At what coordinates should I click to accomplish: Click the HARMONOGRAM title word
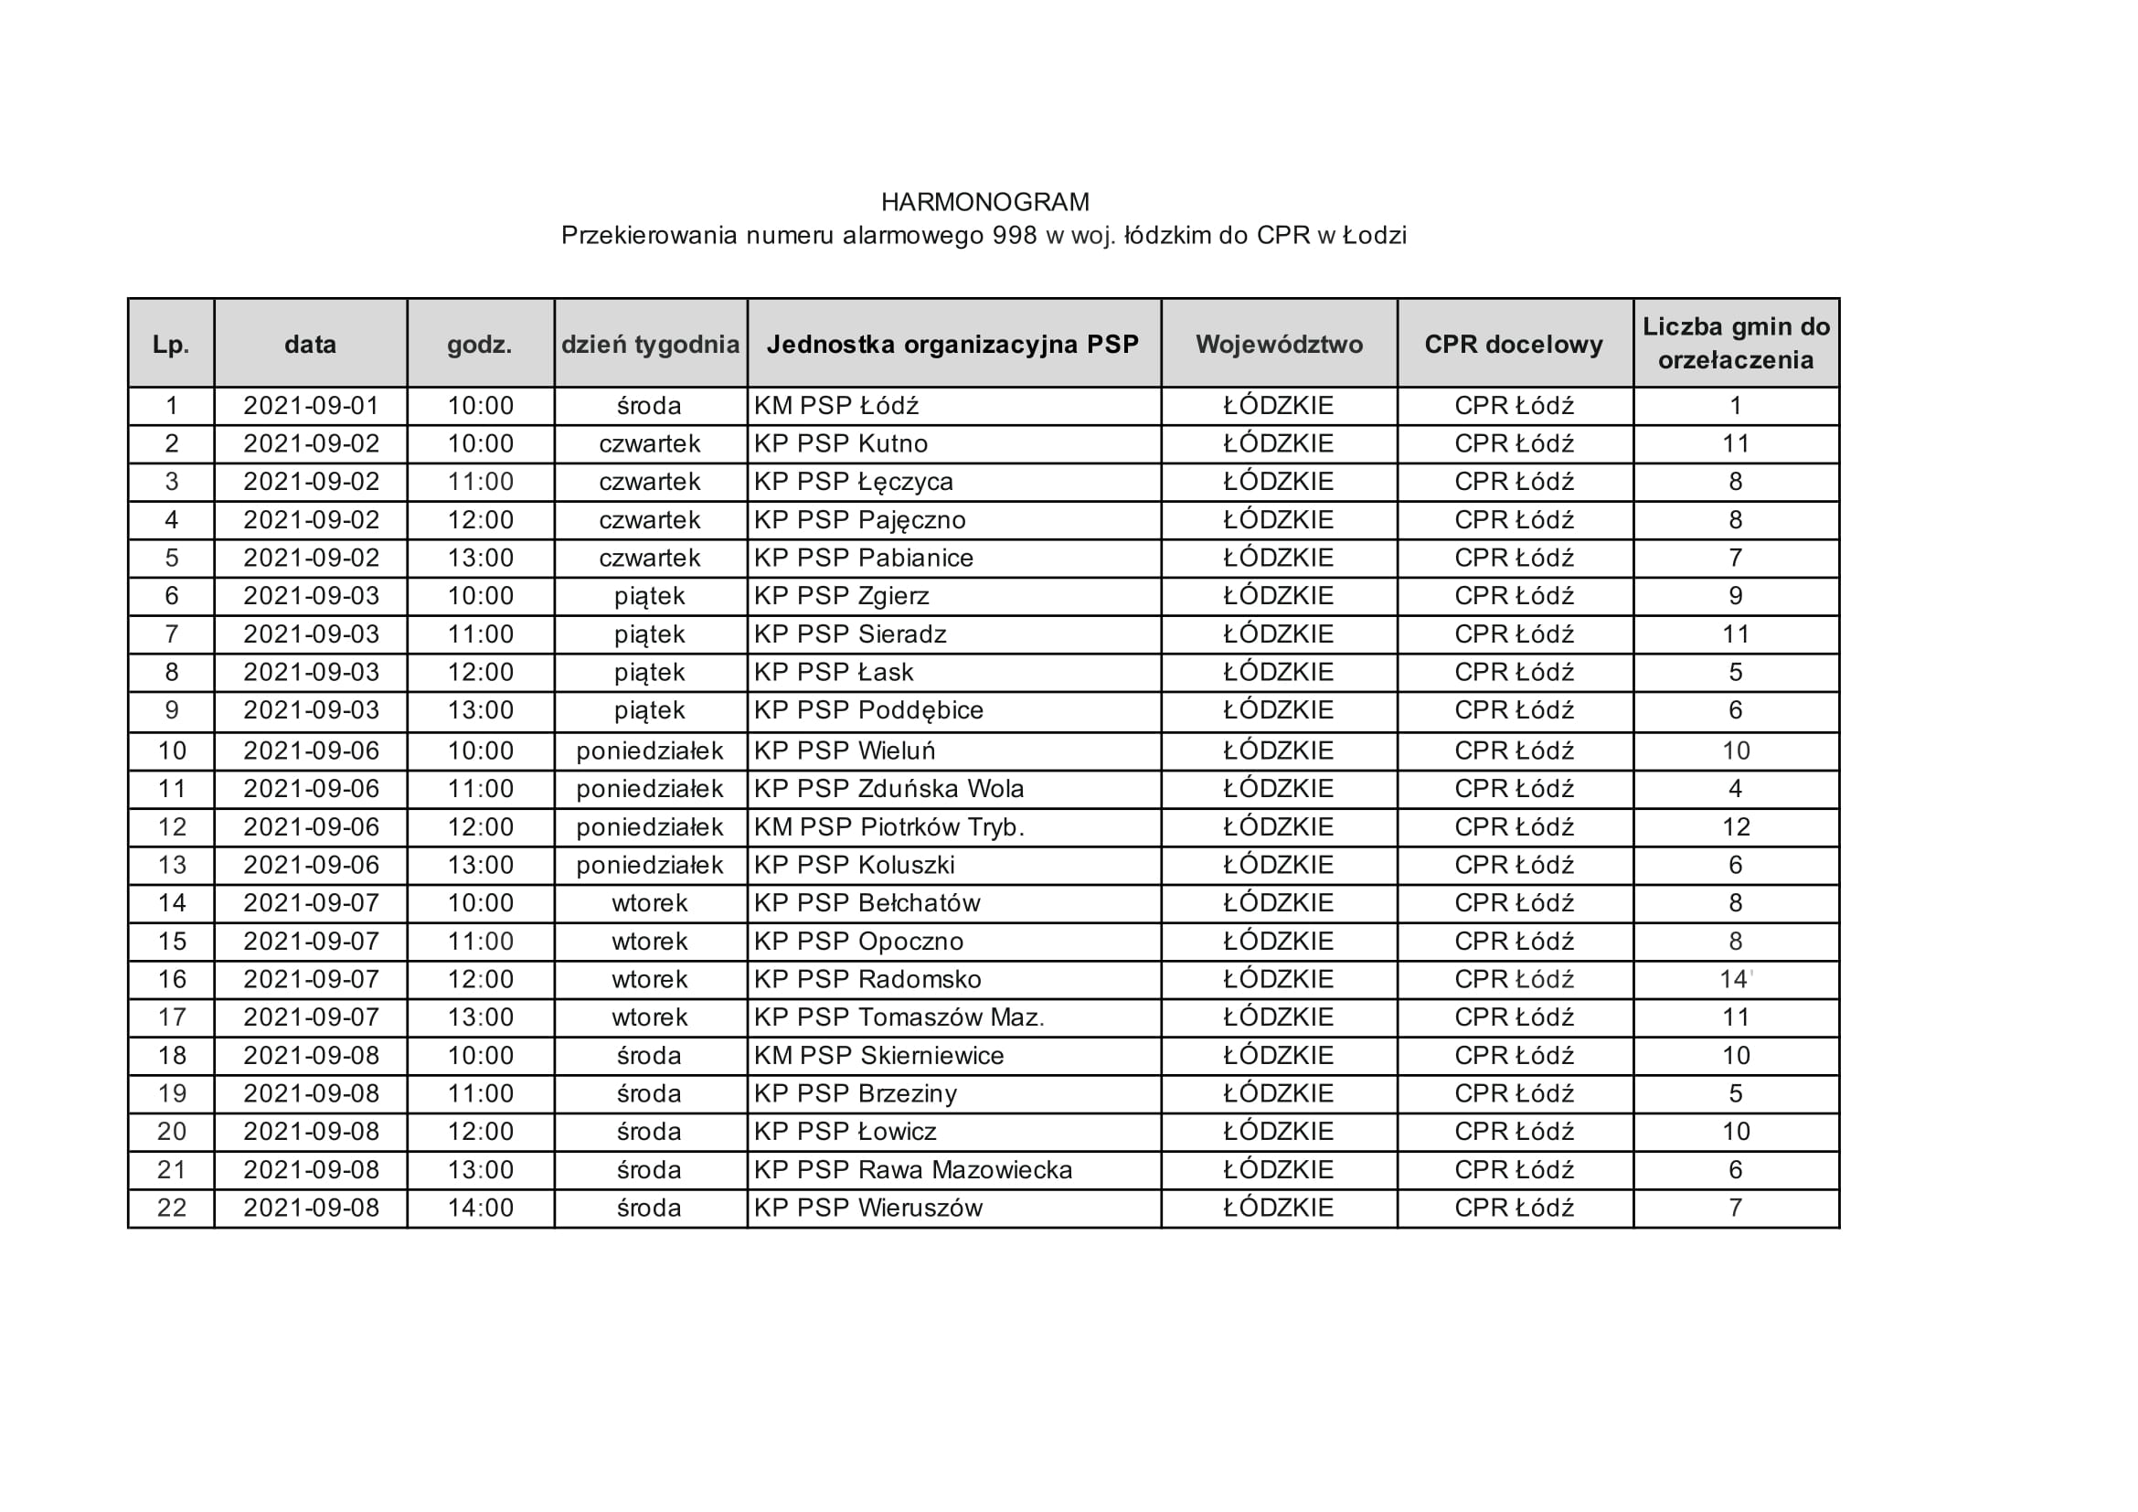pos(984,202)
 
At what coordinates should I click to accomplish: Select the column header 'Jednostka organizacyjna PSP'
pos(952,345)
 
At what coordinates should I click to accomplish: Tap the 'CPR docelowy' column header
pos(1513,345)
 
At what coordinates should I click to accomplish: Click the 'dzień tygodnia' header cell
pos(650,345)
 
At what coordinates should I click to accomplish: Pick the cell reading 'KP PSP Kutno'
pos(841,444)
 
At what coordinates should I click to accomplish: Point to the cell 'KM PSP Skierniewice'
pos(879,1056)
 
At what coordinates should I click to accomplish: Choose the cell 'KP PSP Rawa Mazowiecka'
pos(912,1170)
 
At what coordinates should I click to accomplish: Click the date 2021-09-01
pos(311,406)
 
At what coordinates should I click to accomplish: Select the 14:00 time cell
pos(481,1209)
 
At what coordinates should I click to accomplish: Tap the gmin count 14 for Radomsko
pos(1734,979)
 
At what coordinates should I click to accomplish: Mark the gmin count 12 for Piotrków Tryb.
pos(1736,827)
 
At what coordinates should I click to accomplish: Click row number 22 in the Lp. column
pos(171,1209)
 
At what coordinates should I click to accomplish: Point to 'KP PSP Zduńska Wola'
pos(888,790)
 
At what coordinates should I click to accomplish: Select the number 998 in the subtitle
pos(1014,236)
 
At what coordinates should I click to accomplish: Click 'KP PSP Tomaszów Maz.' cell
pos(899,1017)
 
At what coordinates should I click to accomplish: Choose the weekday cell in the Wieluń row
pos(650,751)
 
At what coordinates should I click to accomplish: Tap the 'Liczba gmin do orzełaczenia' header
pos(1736,344)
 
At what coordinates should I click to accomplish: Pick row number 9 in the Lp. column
pos(171,710)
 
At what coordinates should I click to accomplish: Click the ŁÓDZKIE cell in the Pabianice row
pos(1279,559)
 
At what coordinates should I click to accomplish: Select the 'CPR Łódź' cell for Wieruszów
pos(1514,1209)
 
